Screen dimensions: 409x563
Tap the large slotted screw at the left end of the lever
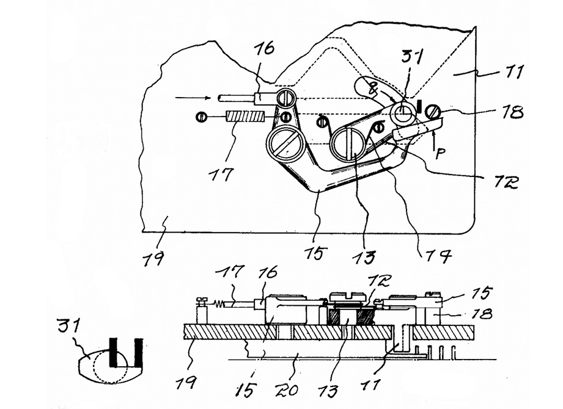click(285, 144)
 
